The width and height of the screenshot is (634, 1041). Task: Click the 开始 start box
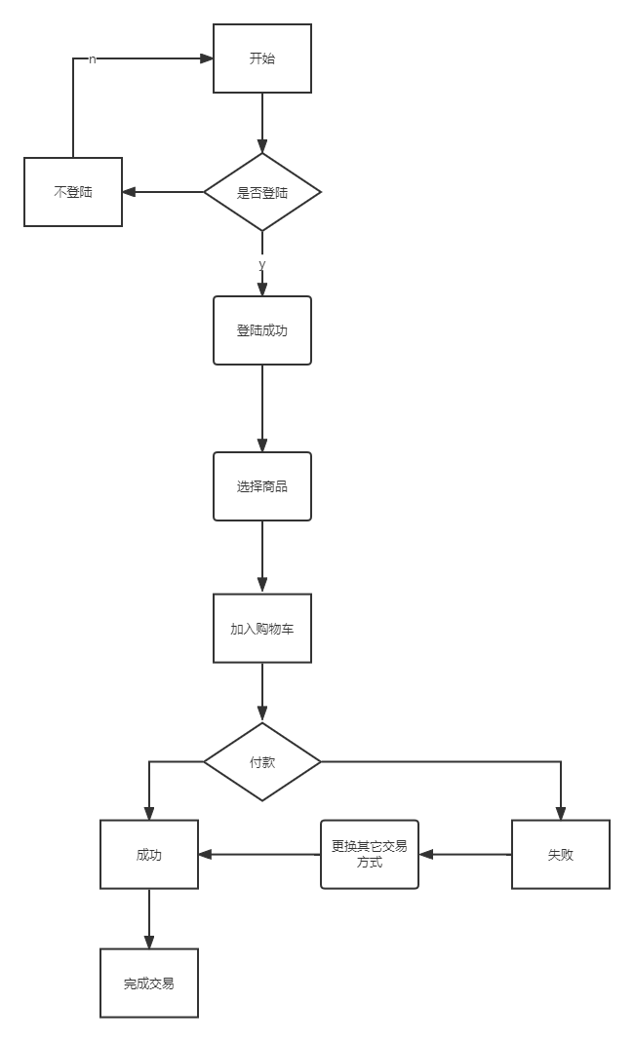click(x=262, y=58)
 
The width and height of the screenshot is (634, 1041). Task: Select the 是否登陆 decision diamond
click(x=262, y=192)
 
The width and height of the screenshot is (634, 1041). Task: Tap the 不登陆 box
click(x=73, y=192)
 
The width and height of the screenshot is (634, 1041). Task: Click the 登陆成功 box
click(x=262, y=330)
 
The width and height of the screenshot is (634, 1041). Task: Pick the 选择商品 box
click(x=262, y=485)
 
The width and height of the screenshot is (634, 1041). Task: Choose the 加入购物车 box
click(x=262, y=629)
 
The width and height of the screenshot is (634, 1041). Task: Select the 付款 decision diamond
click(x=262, y=761)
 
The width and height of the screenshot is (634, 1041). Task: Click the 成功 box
click(x=149, y=855)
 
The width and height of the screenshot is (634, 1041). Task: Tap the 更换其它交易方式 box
click(x=370, y=854)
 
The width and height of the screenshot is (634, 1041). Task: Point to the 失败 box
click(x=561, y=855)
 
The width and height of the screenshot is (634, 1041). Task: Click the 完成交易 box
click(x=149, y=983)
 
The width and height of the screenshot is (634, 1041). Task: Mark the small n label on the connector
click(x=92, y=58)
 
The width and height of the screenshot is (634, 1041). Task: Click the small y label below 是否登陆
click(x=261, y=263)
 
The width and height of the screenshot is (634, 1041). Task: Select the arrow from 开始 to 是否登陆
click(x=262, y=123)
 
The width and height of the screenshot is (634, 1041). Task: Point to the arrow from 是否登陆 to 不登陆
click(x=164, y=192)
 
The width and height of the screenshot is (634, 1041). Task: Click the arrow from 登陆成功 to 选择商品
click(x=262, y=408)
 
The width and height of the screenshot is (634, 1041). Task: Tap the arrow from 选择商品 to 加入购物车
click(x=262, y=557)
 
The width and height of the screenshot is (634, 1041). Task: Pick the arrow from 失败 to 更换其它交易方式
click(x=466, y=855)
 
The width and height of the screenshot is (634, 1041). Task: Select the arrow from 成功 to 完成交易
click(x=149, y=918)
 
